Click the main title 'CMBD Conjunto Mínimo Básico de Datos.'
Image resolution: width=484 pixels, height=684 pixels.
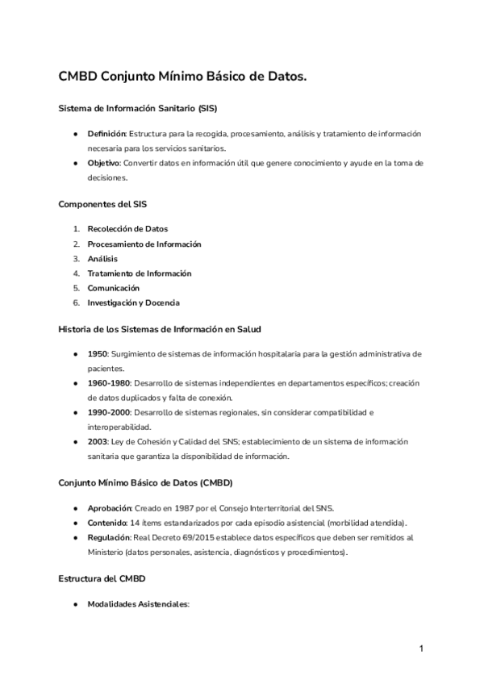click(182, 77)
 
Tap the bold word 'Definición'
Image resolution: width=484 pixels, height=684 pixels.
click(106, 133)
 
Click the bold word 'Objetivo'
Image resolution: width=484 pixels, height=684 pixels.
click(104, 163)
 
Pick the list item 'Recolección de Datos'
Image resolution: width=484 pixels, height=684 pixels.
click(127, 229)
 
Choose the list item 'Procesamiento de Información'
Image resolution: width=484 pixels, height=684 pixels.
click(144, 244)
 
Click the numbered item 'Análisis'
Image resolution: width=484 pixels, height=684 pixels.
click(102, 258)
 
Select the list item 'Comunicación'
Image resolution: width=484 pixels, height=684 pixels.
click(114, 288)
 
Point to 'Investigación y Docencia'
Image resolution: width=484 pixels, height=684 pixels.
click(133, 302)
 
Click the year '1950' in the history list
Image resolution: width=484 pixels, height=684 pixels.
click(97, 353)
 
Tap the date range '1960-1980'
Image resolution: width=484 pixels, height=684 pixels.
click(109, 383)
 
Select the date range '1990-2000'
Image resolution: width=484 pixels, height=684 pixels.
click(109, 412)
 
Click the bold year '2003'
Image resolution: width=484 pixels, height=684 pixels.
click(97, 442)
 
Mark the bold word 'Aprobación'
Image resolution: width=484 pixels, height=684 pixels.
click(109, 508)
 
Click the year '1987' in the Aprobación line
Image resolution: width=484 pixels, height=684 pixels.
click(182, 508)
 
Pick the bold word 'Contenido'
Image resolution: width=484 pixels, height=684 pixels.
click(107, 523)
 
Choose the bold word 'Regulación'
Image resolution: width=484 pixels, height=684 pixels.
click(110, 537)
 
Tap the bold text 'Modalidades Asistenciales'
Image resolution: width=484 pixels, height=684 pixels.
click(136, 603)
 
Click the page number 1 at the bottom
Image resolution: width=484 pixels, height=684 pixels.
click(421, 649)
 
